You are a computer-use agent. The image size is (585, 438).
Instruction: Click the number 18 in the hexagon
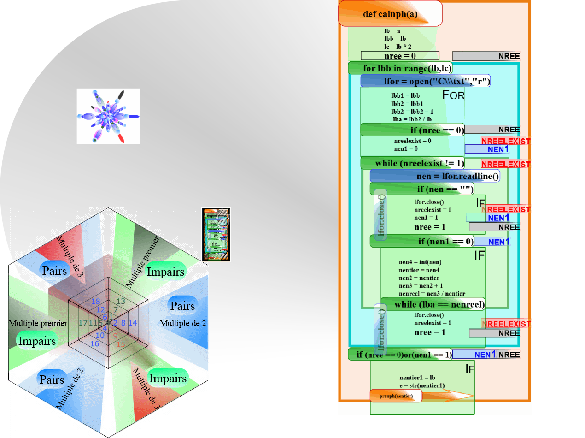coord(96,302)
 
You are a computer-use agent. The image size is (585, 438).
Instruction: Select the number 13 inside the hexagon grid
coord(121,302)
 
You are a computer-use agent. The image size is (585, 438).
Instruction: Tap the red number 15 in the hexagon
coord(121,344)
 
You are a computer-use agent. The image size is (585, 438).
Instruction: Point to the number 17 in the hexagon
coord(83,323)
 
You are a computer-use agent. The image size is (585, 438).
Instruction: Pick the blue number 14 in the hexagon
coord(133,323)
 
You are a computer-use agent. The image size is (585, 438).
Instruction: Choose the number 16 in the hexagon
coord(94,344)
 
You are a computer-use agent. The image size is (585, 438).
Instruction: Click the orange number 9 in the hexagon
coord(115,336)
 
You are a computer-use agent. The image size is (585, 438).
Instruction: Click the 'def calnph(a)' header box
coord(390,14)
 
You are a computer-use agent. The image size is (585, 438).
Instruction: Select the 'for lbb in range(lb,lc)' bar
coord(400,68)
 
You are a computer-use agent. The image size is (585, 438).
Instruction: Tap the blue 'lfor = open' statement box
coord(425,81)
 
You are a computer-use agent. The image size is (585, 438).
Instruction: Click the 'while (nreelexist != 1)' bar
coord(412,163)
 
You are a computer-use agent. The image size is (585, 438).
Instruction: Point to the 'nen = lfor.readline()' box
coord(434,176)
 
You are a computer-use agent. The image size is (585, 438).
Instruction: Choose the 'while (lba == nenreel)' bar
coord(433,304)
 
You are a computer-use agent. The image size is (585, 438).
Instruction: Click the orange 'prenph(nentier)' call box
coord(396,396)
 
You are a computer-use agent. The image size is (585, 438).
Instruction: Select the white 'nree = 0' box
coord(400,56)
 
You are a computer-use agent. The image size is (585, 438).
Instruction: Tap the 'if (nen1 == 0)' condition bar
coord(421,241)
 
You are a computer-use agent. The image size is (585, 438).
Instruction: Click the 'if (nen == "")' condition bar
coord(421,189)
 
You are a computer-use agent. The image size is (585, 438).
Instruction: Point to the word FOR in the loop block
coord(453,95)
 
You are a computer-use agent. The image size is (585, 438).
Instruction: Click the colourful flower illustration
coord(108,116)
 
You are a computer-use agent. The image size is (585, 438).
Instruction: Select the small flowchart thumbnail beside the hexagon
coord(216,235)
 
